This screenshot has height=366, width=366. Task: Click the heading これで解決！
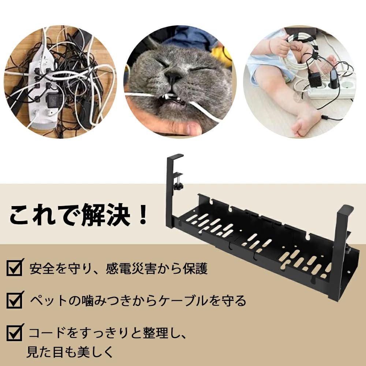(x=79, y=216)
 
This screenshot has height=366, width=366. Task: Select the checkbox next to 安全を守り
(x=15, y=268)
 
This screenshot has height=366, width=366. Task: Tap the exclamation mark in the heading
(x=143, y=216)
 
